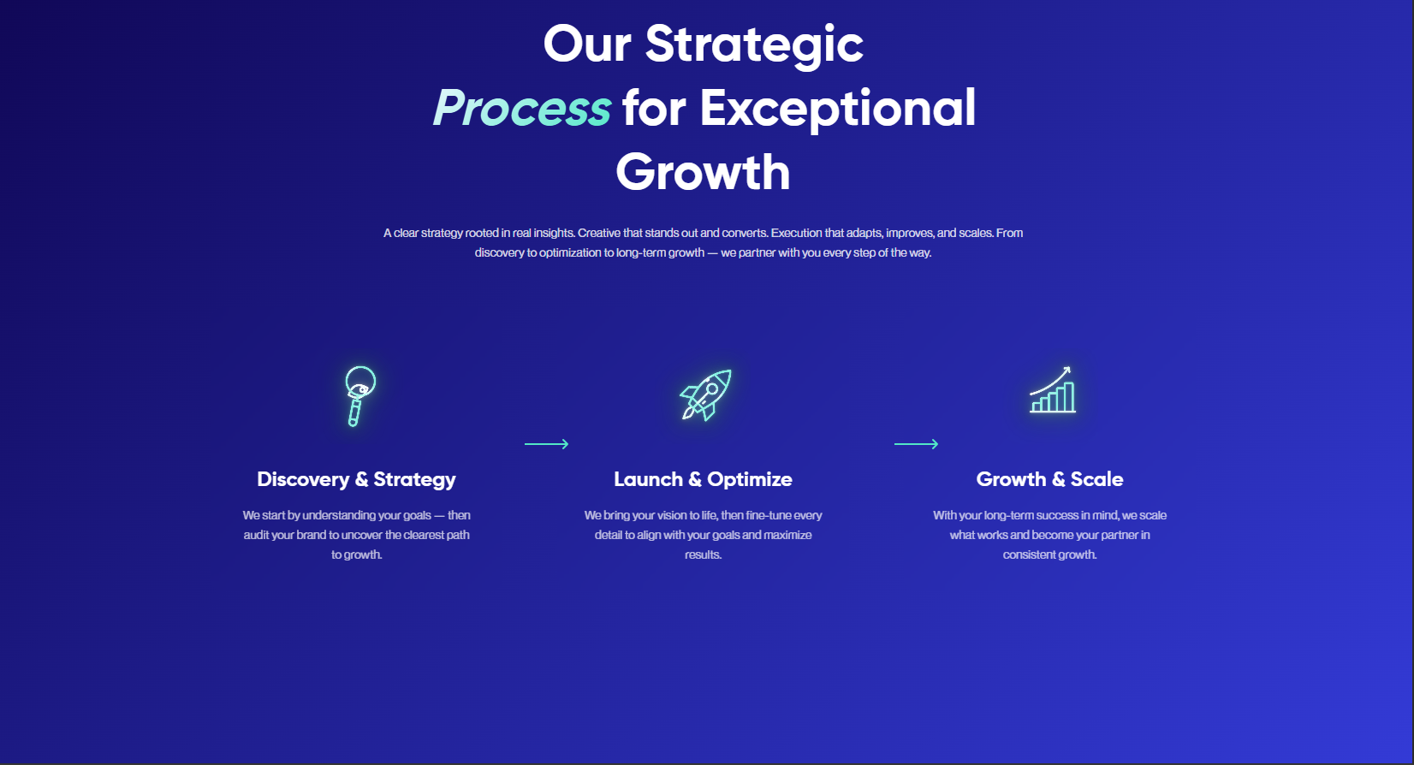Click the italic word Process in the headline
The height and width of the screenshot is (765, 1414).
pyautogui.click(x=522, y=109)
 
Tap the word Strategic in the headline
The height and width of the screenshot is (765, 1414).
pyautogui.click(x=754, y=45)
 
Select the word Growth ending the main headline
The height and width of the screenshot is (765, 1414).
pyautogui.click(x=703, y=172)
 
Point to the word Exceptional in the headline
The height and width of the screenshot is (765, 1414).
pyautogui.click(x=838, y=110)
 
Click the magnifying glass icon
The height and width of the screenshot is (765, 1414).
pyautogui.click(x=359, y=395)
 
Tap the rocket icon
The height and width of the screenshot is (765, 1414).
pyautogui.click(x=706, y=394)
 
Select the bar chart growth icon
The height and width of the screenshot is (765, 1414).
pyautogui.click(x=1052, y=389)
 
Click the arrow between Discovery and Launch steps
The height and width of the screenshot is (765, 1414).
pyautogui.click(x=547, y=444)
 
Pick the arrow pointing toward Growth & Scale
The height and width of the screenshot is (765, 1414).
pyautogui.click(x=917, y=444)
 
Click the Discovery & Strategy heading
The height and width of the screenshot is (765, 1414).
pyautogui.click(x=356, y=479)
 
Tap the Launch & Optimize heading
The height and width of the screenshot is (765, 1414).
pyautogui.click(x=704, y=479)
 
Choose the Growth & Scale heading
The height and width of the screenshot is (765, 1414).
pyautogui.click(x=1049, y=479)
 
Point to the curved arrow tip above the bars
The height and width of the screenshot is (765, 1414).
pyautogui.click(x=1068, y=369)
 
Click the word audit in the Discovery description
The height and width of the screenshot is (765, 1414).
pyautogui.click(x=256, y=535)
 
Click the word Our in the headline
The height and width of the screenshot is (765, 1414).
pyautogui.click(x=587, y=44)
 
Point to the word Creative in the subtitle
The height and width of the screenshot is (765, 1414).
pyautogui.click(x=599, y=233)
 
